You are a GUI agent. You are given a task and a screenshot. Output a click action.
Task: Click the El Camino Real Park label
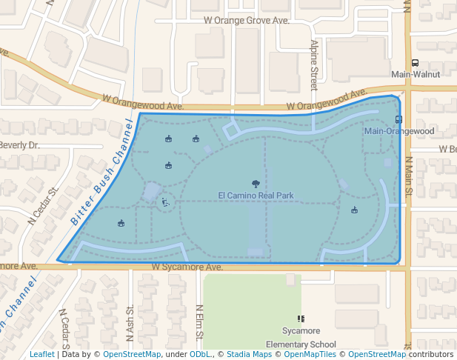tap(256, 196)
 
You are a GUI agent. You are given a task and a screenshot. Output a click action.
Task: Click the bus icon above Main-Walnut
tap(415, 64)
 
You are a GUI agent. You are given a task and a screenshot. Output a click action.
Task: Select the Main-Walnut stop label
tap(416, 74)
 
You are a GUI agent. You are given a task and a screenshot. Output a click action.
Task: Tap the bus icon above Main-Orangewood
tap(399, 119)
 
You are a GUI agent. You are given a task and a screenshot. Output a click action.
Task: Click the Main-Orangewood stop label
tap(399, 130)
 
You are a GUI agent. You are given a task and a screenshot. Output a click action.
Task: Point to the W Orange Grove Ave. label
tap(247, 21)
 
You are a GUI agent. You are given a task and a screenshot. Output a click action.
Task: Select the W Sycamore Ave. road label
tap(187, 267)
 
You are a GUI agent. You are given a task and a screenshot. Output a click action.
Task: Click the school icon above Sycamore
tap(301, 318)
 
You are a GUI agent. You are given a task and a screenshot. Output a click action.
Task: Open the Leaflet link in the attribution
tap(41, 354)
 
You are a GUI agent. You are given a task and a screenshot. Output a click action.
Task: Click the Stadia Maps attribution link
tap(249, 354)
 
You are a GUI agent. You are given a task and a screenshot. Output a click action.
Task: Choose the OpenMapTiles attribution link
tap(305, 354)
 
